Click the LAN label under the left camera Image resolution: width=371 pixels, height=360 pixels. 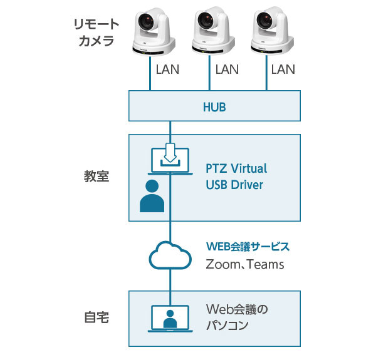tap(167, 69)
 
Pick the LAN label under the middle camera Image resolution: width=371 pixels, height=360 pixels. tap(227, 69)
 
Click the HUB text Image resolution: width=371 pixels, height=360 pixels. tap(214, 107)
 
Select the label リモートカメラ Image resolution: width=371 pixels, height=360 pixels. tap(96, 33)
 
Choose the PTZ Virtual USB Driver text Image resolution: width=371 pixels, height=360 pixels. tap(236, 177)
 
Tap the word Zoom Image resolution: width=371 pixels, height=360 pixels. tap(222, 265)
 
